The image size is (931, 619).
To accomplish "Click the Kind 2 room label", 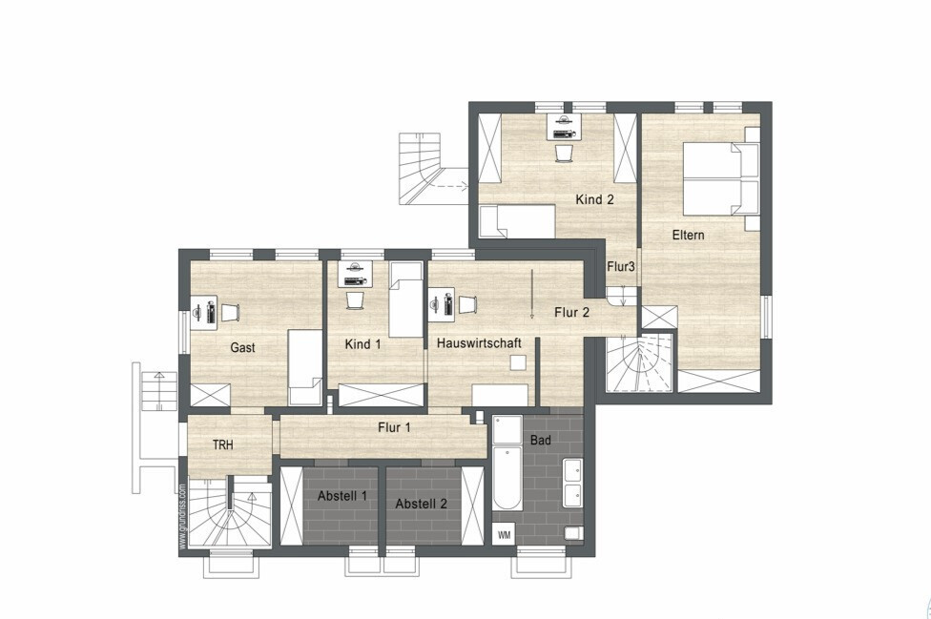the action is (594, 199).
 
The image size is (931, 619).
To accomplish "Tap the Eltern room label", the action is (688, 235).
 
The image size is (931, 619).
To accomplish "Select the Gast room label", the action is (242, 348).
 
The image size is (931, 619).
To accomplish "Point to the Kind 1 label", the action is (362, 344).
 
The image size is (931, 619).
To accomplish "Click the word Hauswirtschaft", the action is (479, 343).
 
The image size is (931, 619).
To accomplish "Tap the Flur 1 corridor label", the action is (394, 427).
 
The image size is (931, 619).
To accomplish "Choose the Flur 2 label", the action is (571, 312).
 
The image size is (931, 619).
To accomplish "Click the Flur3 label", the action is (620, 267).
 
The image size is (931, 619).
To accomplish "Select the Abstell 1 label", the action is (342, 496).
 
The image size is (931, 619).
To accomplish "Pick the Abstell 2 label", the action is (421, 504).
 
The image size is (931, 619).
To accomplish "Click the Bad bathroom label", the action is (540, 441).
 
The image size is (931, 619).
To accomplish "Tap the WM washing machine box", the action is (504, 535).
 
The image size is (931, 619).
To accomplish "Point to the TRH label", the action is (222, 445).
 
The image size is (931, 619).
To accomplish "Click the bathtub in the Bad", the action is (507, 479).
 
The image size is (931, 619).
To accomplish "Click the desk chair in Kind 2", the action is (564, 154).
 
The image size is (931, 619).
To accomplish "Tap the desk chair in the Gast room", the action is (230, 312).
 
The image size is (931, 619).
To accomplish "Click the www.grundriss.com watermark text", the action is (183, 517).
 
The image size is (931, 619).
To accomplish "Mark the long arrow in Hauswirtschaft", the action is (532, 295).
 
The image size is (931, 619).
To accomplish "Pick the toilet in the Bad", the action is (573, 533).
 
